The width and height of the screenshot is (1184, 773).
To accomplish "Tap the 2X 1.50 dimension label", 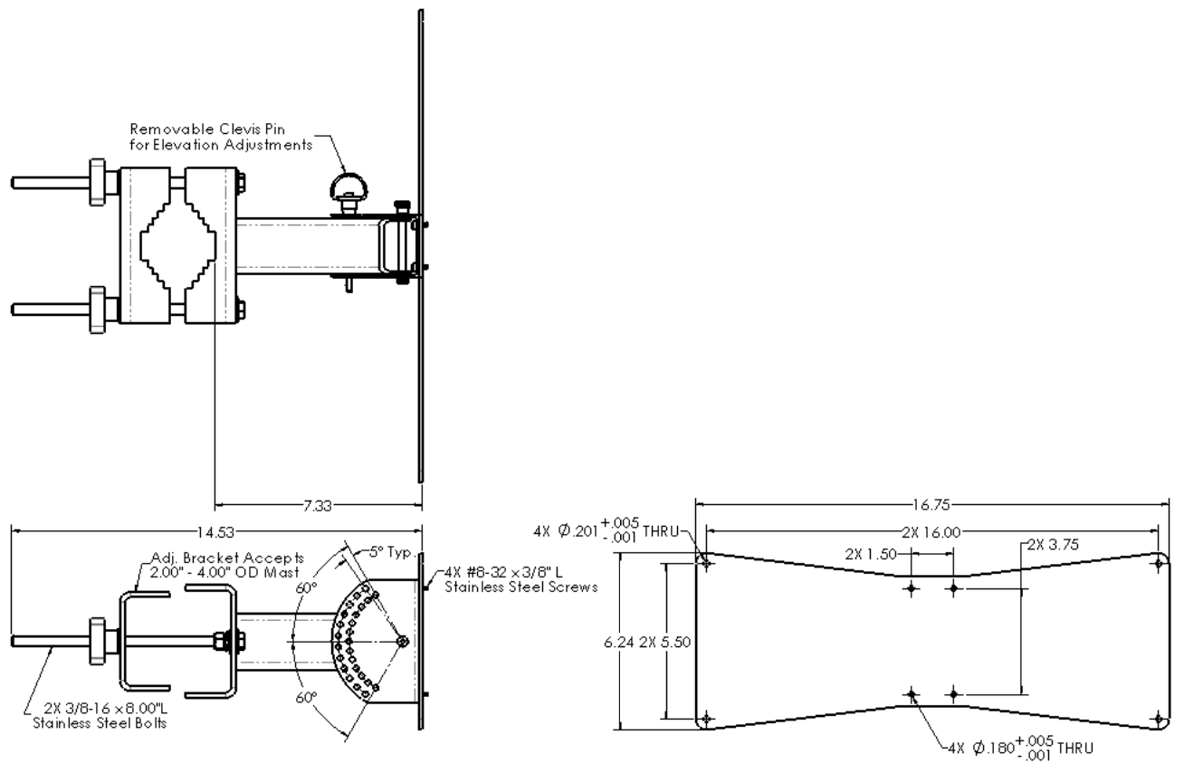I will click(864, 552).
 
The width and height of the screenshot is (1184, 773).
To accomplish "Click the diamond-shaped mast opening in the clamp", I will click(179, 243).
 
